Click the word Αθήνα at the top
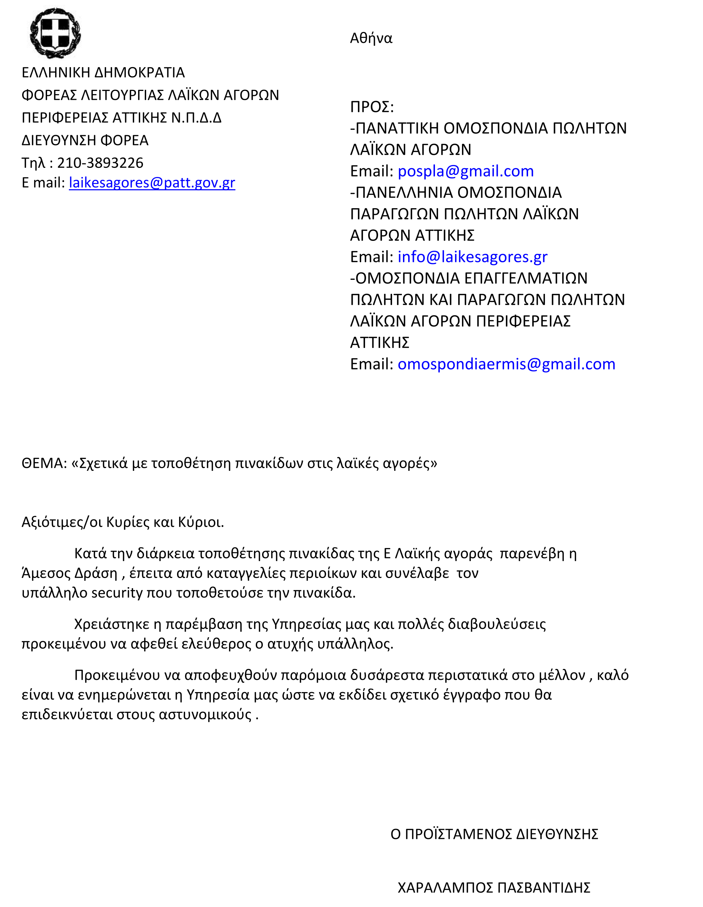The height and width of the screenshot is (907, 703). click(x=371, y=38)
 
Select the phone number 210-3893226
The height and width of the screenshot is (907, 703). click(x=100, y=163)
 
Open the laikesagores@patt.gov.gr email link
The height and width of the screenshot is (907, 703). click(x=152, y=183)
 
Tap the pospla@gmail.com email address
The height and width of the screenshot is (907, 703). click(x=466, y=171)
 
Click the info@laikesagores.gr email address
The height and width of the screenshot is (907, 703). click(x=473, y=257)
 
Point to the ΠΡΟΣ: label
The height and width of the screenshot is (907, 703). click(x=372, y=107)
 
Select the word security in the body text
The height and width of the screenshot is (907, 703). click(x=117, y=593)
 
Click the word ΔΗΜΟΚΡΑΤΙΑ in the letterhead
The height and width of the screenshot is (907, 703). click(x=139, y=73)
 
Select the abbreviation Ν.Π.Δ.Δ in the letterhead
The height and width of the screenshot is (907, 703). click(x=196, y=118)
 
